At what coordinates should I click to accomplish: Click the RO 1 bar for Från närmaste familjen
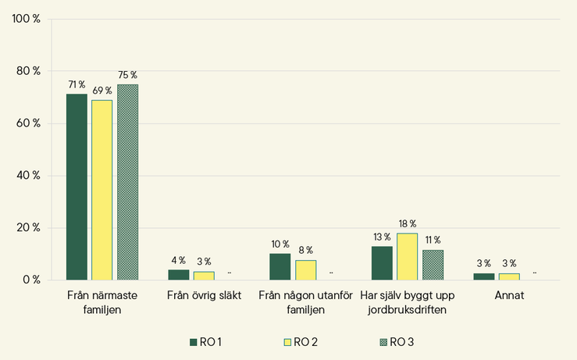point(77,187)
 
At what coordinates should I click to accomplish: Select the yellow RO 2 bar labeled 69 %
point(102,190)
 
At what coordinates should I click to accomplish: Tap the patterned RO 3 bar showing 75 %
point(128,182)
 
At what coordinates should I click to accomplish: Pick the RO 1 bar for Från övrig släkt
point(179,275)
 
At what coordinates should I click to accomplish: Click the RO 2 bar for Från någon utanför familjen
point(306,270)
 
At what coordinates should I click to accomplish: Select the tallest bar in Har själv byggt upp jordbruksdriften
point(407,257)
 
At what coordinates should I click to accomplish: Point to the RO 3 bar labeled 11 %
point(433,265)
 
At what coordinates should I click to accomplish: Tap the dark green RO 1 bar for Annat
point(484,276)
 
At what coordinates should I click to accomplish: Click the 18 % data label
point(408,224)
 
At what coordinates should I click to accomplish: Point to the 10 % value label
point(280,244)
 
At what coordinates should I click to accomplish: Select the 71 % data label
point(77,84)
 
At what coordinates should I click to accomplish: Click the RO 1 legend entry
point(205,342)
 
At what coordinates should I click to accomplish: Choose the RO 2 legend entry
point(301,342)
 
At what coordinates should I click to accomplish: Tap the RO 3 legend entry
point(397,342)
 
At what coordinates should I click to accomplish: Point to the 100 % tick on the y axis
point(26,19)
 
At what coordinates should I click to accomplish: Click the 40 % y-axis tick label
point(28,176)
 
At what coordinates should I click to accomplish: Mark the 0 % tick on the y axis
point(31,280)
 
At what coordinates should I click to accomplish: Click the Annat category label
point(509,295)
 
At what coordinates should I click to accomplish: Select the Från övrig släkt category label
point(205,295)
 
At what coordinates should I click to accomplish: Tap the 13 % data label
point(382,237)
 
